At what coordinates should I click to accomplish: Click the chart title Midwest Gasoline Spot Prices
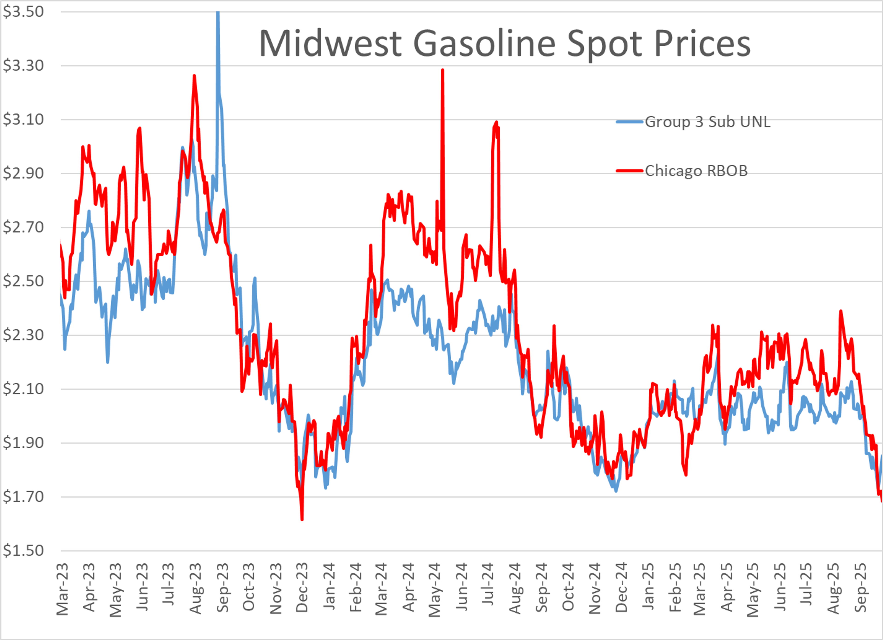505,44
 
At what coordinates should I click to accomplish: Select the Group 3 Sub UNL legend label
707,122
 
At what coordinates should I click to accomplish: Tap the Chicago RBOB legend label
696,171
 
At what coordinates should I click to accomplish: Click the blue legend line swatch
629,122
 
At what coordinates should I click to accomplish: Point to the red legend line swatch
629,171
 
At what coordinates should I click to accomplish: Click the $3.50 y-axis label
23,12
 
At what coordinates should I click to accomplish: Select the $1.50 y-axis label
23,551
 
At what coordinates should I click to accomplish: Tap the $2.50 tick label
23,281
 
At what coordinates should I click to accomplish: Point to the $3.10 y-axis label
23,119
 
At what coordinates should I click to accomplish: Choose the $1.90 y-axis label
23,443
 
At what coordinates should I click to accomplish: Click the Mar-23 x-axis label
62,589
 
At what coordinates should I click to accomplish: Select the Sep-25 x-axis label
860,587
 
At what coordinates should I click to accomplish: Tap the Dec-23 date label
302,587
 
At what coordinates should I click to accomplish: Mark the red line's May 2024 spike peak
443,70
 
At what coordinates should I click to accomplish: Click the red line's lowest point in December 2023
302,519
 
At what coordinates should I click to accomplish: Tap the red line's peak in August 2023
194,75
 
